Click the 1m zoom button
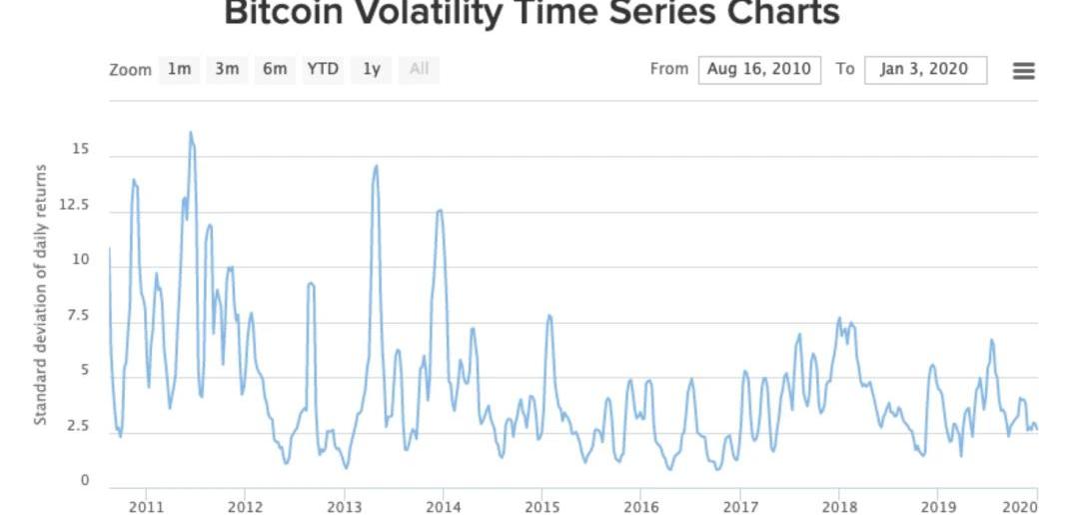pyautogui.click(x=179, y=70)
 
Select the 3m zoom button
pyautogui.click(x=227, y=70)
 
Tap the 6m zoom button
pyautogui.click(x=275, y=70)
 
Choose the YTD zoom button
pyautogui.click(x=323, y=70)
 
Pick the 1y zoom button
pyautogui.click(x=372, y=70)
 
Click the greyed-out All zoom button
pyautogui.click(x=419, y=70)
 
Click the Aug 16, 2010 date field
pyautogui.click(x=759, y=70)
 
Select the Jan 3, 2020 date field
pyautogui.click(x=925, y=70)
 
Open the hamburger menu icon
pyautogui.click(x=1024, y=70)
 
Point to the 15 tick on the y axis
pyautogui.click(x=81, y=149)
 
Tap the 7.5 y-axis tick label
pyautogui.click(x=78, y=315)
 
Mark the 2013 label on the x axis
pyautogui.click(x=344, y=507)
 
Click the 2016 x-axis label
pyautogui.click(x=640, y=507)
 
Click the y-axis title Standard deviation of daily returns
pyautogui.click(x=41, y=295)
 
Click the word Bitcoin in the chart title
pyautogui.click(x=292, y=12)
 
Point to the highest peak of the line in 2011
pyautogui.click(x=191, y=132)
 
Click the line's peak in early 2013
pyautogui.click(x=377, y=165)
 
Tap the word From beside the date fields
pyautogui.click(x=668, y=69)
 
